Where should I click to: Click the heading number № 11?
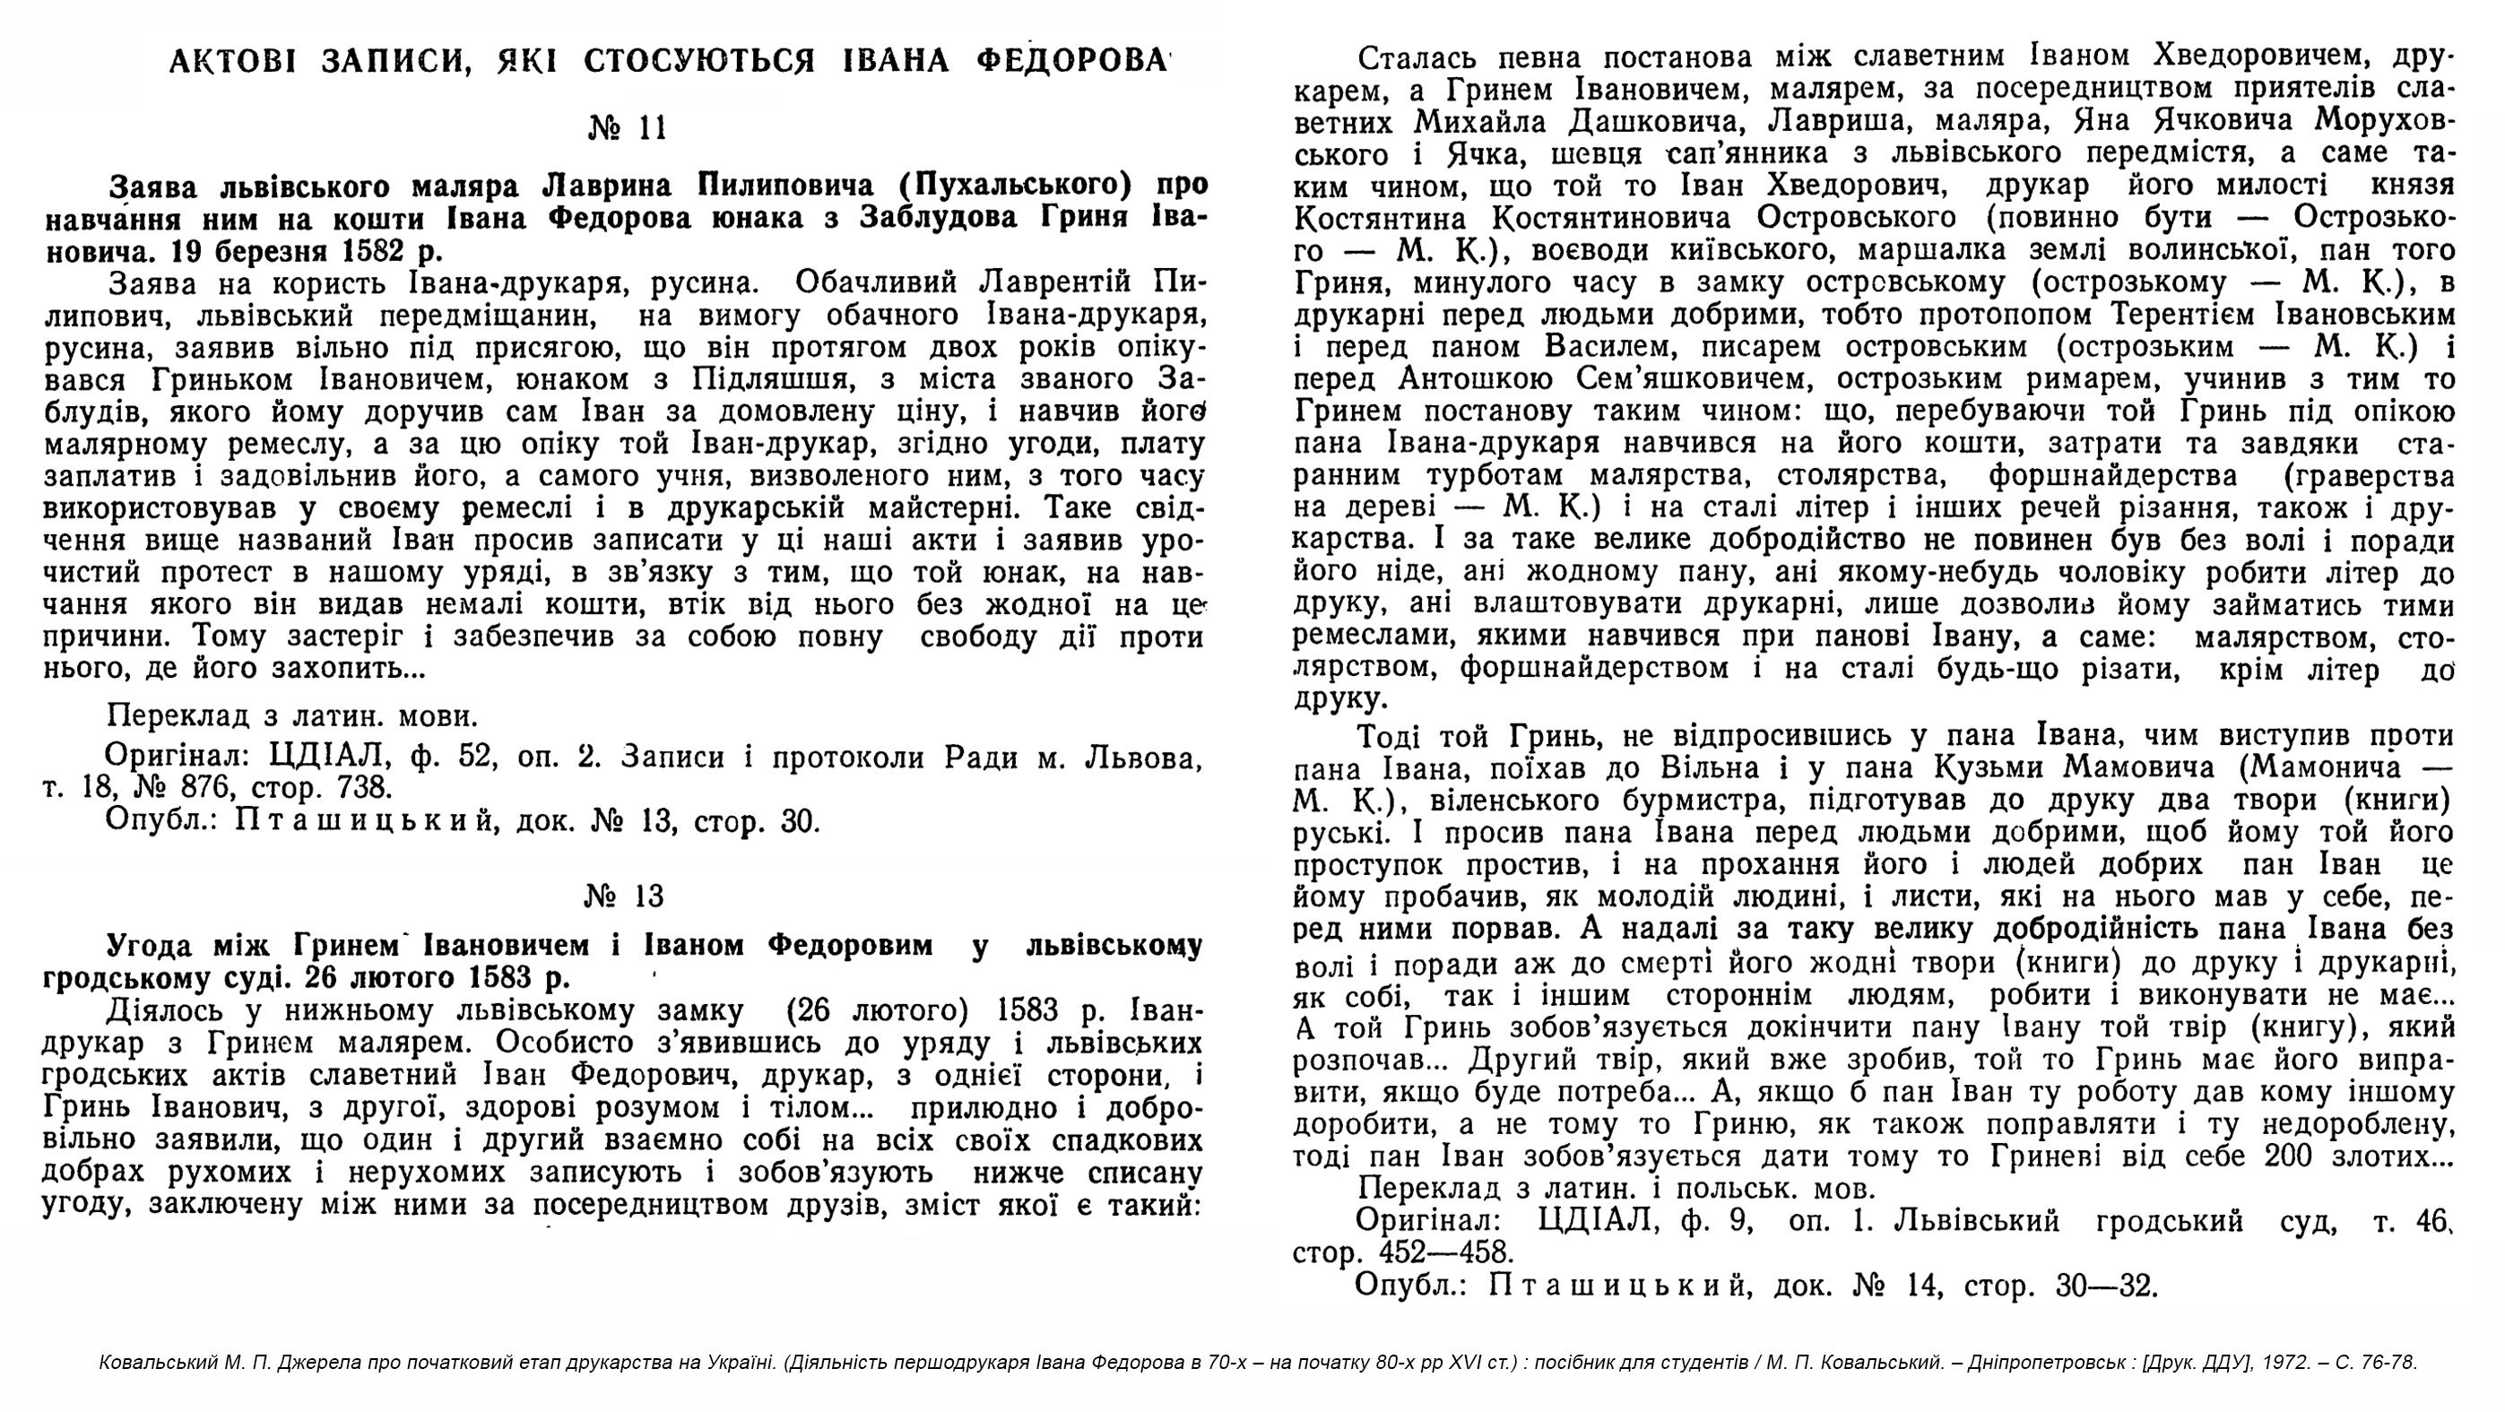[628, 127]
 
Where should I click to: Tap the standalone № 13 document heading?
[624, 896]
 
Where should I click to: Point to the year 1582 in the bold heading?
[372, 250]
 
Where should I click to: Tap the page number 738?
[365, 787]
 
